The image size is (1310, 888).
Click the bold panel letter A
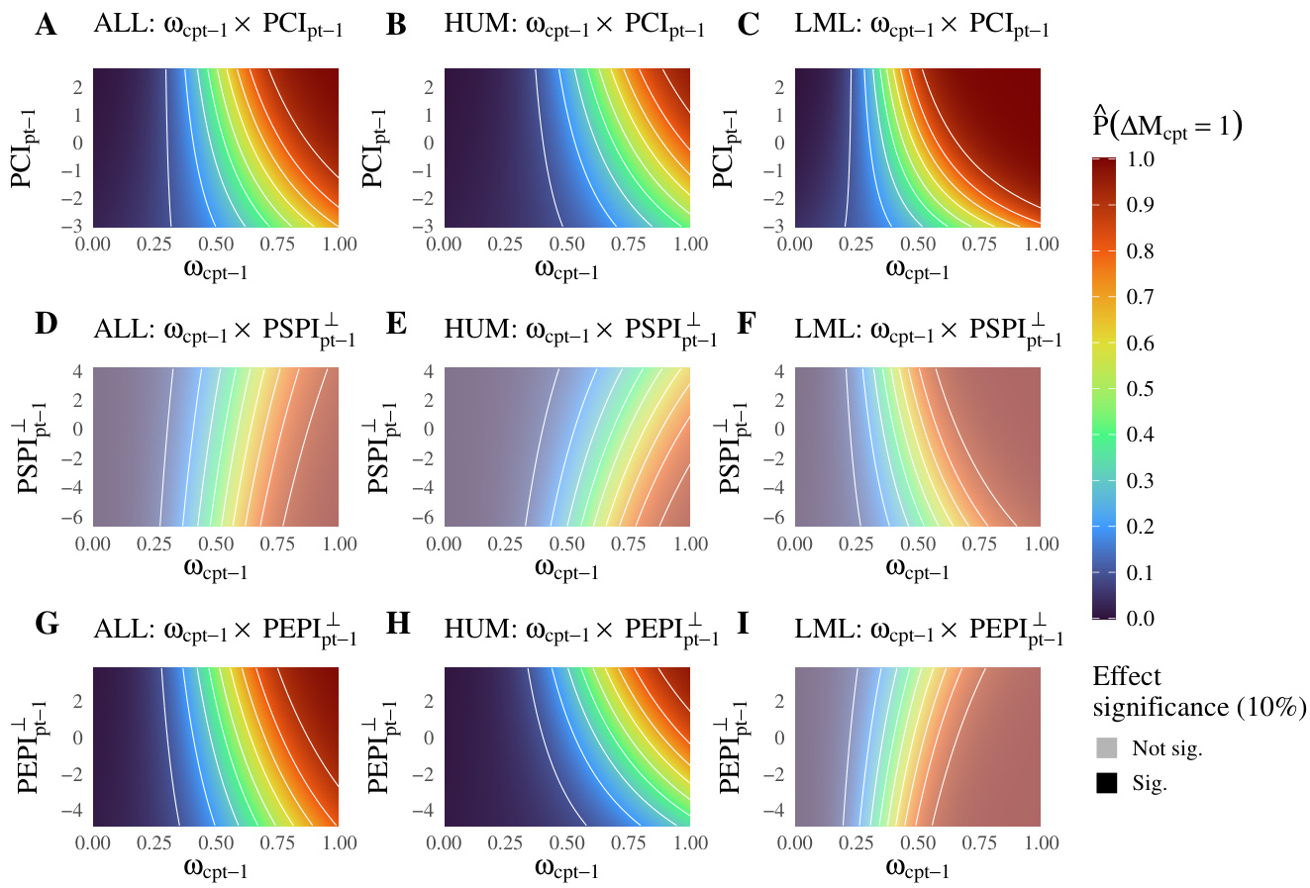click(x=45, y=26)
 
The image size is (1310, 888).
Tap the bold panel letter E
click(x=396, y=325)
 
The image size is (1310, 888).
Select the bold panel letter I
click(x=744, y=625)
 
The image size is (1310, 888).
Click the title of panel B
click(x=574, y=28)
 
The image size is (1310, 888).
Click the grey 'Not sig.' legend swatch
click(x=1107, y=748)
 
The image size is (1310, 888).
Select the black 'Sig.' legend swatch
click(x=1107, y=783)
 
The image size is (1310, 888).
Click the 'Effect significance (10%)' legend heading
click(x=1199, y=692)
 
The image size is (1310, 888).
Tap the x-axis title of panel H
click(x=566, y=870)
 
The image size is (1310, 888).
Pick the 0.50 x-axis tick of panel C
click(x=918, y=245)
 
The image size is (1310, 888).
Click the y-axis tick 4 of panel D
click(x=80, y=371)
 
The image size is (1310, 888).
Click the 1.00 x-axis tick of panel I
click(x=1040, y=843)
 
